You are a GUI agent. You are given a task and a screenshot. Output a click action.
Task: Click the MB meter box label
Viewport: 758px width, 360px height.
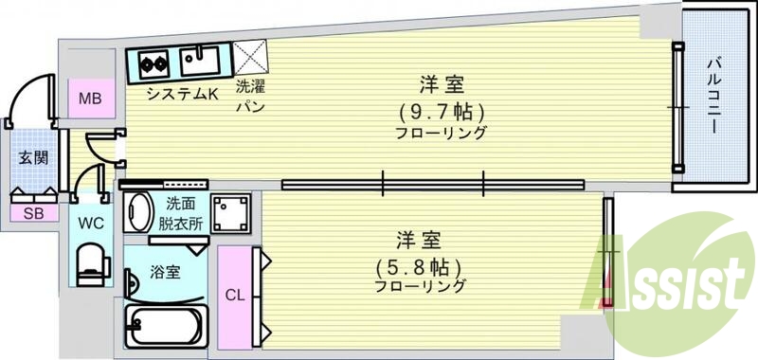(91, 97)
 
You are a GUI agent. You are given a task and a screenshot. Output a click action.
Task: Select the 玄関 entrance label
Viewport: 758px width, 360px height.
(31, 158)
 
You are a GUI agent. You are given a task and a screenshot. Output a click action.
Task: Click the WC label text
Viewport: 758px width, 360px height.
(91, 225)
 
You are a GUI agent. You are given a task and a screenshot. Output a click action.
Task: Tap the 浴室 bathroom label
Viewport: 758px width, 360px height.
(165, 274)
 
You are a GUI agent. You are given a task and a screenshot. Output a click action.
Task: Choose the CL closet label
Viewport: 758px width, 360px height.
(234, 295)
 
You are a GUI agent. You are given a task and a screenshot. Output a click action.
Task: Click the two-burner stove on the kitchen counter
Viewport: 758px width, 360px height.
(153, 64)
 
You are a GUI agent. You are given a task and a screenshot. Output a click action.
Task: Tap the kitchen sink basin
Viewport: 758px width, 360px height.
(201, 63)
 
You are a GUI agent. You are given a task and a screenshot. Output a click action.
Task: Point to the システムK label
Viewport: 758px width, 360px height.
(183, 94)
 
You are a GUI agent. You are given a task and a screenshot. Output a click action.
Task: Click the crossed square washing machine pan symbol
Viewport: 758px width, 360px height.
(251, 59)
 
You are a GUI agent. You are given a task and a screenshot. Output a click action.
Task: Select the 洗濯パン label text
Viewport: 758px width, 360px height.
(250, 95)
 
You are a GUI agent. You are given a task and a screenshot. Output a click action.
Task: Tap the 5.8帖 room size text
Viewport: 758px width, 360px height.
(419, 265)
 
